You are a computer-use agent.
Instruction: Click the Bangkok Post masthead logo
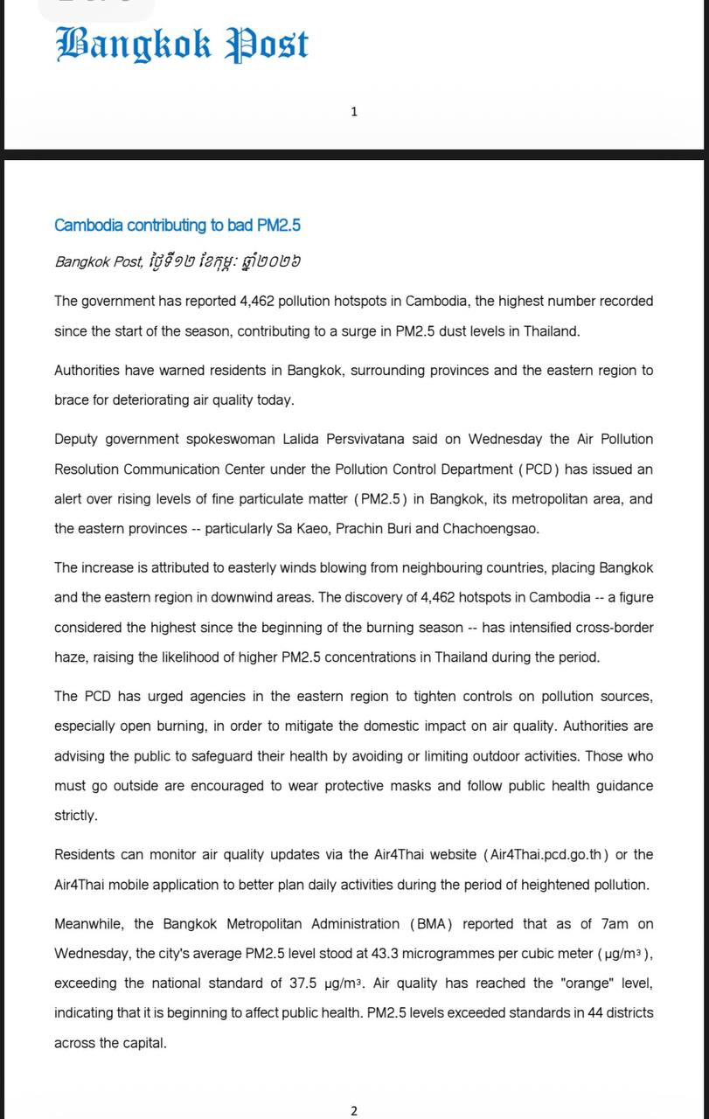point(182,45)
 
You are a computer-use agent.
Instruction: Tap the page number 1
point(354,111)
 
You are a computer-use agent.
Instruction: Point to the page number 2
point(354,1111)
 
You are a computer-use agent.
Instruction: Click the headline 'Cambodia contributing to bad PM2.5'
point(177,226)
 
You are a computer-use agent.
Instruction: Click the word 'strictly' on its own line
point(75,815)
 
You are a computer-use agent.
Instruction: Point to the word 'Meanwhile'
point(90,924)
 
